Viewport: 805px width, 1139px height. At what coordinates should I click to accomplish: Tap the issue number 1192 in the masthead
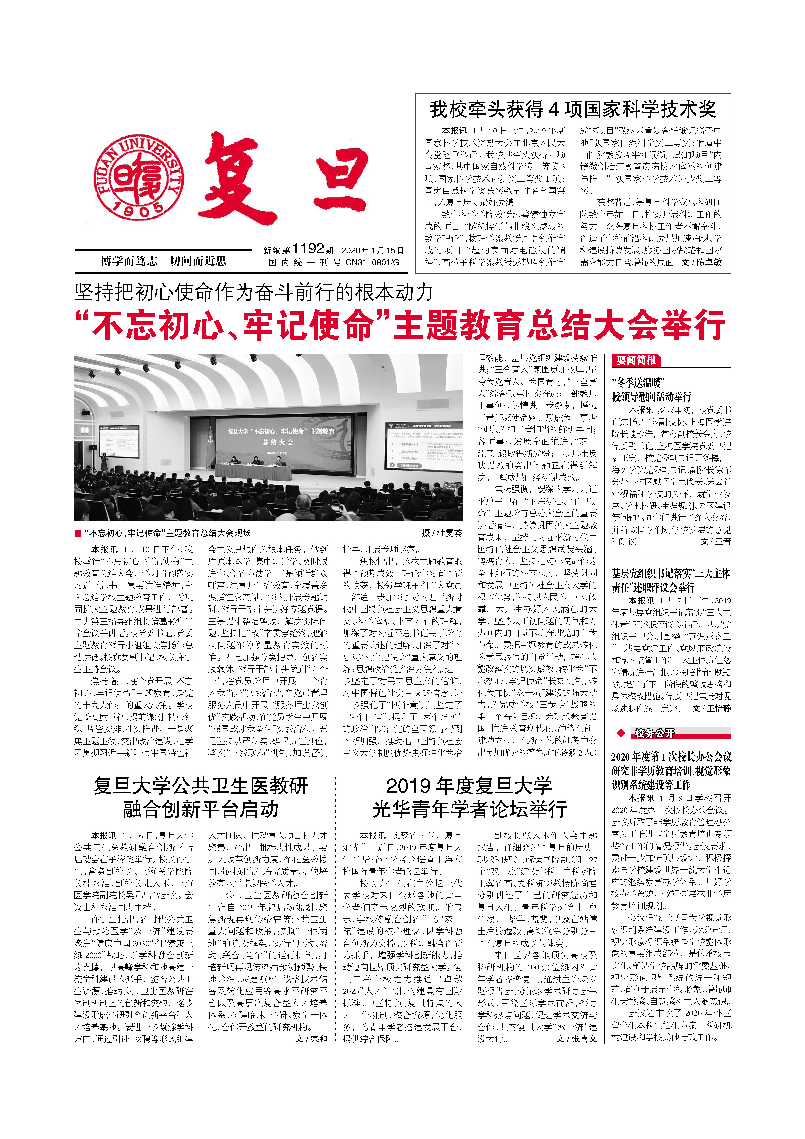[308, 249]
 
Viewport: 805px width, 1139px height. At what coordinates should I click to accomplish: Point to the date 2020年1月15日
[373, 250]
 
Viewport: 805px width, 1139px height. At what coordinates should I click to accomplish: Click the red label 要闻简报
[636, 360]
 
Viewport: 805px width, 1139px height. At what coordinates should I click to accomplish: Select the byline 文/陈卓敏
[701, 262]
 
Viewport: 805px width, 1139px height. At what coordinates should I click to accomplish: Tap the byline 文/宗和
[311, 1025]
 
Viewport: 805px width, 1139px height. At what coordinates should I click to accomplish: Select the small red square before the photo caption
[78, 533]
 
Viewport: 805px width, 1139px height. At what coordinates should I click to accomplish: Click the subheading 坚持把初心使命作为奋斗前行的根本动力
[254, 292]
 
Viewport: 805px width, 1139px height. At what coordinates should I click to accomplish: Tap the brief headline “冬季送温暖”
[638, 383]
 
